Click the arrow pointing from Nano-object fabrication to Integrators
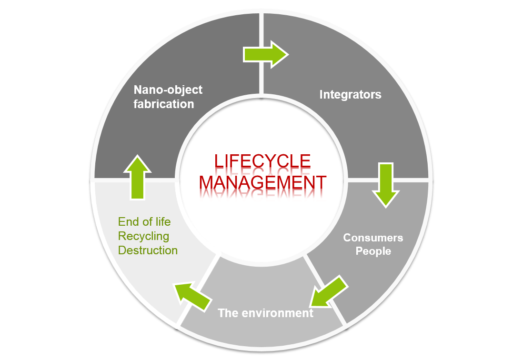[265, 54]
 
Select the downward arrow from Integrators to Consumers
[385, 184]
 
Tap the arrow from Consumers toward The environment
[328, 291]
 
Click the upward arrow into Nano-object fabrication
[137, 177]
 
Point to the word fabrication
[163, 104]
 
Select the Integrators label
[350, 94]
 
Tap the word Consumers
[373, 237]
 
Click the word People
[373, 251]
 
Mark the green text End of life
[144, 221]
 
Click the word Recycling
[143, 236]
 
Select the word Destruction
[148, 250]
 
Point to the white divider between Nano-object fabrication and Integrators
[261, 52]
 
